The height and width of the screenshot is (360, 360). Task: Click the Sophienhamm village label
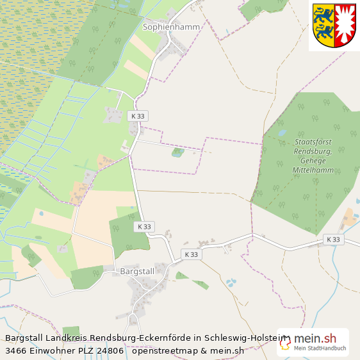171,27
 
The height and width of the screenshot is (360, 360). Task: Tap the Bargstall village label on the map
137,271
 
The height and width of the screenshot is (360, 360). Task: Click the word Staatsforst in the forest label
314,142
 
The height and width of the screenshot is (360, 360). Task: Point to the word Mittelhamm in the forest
314,170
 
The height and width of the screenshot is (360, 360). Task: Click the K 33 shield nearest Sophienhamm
137,116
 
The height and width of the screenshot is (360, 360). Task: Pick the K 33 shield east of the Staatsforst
332,240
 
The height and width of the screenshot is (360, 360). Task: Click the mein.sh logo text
315,338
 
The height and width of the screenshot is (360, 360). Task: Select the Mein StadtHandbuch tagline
320,349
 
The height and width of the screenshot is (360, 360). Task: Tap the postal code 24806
110,350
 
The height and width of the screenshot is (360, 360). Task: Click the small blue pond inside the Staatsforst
282,133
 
